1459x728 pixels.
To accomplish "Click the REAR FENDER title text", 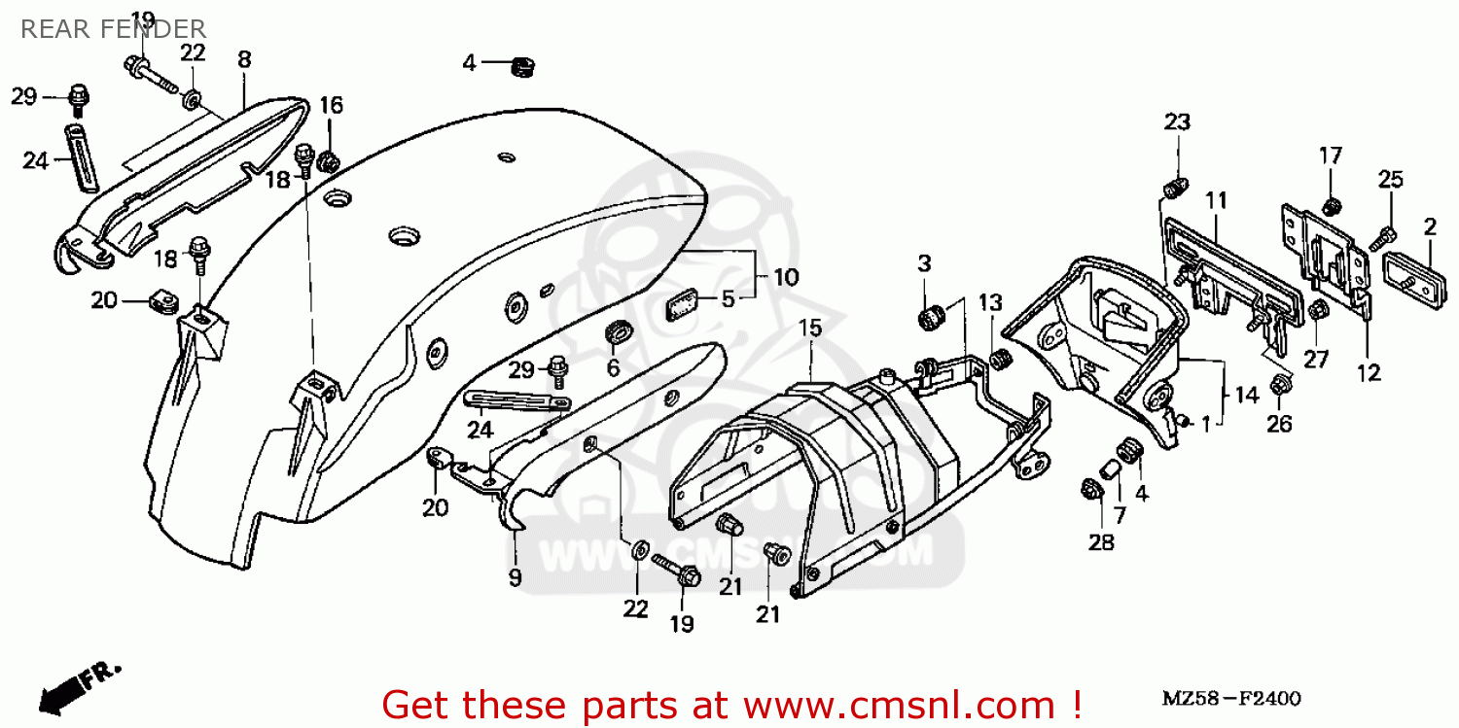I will [113, 29].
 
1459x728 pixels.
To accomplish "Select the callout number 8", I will [243, 59].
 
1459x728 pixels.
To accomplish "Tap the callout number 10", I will [786, 277].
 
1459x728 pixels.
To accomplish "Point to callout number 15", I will [810, 328].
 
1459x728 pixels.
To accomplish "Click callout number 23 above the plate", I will [1177, 121].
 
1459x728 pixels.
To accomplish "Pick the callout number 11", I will [1216, 201].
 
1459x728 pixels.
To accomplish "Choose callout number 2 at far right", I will [1430, 227].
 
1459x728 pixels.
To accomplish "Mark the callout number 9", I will [515, 578].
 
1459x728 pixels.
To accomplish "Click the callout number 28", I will [1101, 542].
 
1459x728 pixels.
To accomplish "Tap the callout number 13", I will [990, 303].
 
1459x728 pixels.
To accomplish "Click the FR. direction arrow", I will [78, 685].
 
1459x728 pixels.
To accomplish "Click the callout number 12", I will [1370, 372].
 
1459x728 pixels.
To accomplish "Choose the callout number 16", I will [332, 105].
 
